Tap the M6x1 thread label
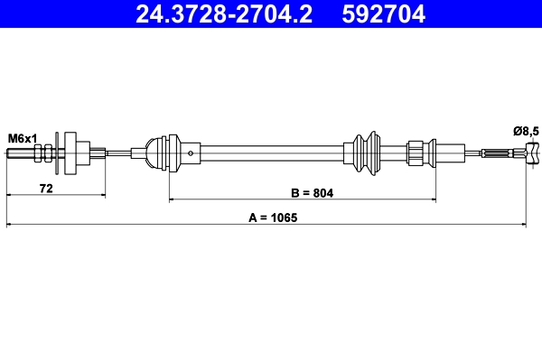pyautogui.click(x=23, y=137)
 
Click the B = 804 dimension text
pyautogui.click(x=311, y=193)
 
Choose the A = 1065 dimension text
pyautogui.click(x=272, y=218)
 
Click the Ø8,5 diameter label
pyautogui.click(x=525, y=132)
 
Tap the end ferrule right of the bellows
pyautogui.click(x=418, y=153)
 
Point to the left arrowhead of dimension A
pyautogui.click(x=9, y=223)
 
